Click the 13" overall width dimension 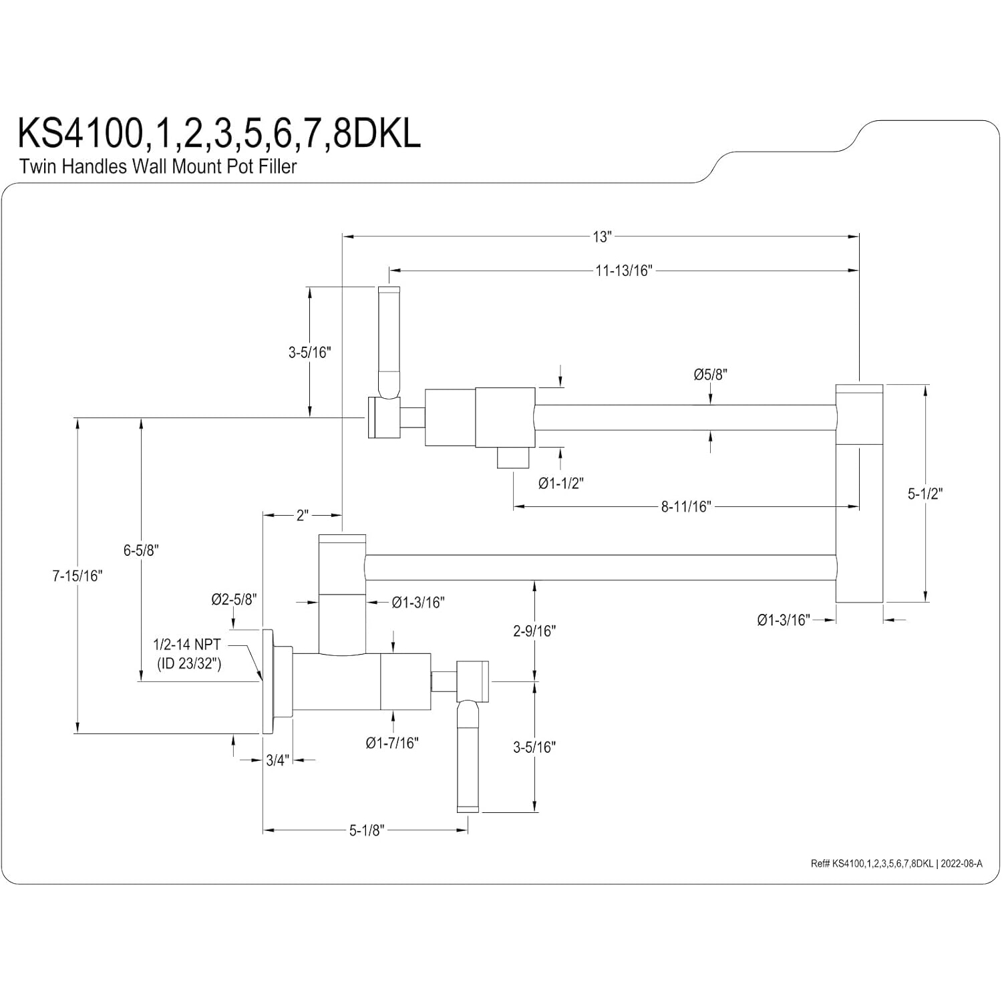click(601, 236)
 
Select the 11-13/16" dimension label click(623, 271)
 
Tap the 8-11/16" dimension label click(686, 507)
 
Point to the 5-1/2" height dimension click(925, 494)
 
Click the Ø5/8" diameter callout click(709, 375)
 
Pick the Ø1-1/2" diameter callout click(560, 483)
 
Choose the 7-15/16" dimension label click(77, 576)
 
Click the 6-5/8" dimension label click(140, 550)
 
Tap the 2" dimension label click(303, 516)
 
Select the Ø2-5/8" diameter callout click(234, 600)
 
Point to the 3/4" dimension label click(276, 760)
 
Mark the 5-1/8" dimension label click(367, 830)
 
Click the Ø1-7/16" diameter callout click(392, 743)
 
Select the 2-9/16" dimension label click(534, 631)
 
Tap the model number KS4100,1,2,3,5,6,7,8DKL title click(219, 133)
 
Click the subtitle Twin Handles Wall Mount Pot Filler click(158, 166)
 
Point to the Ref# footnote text click(896, 863)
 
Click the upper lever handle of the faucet click(389, 341)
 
